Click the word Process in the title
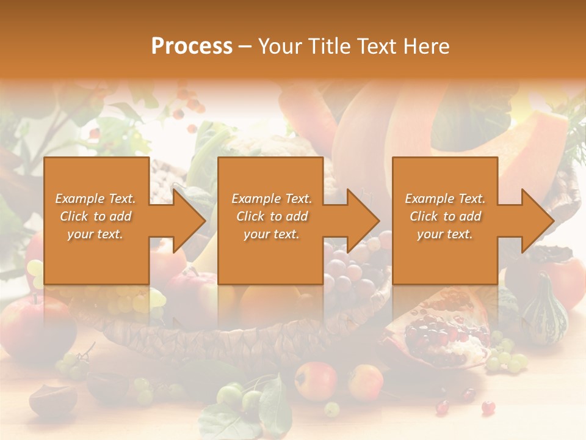pos(192,46)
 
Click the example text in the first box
pos(95,216)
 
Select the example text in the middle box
pos(272,216)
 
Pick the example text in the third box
pos(445,216)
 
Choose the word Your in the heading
pos(278,46)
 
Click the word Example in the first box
pos(79,199)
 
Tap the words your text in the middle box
pos(272,234)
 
